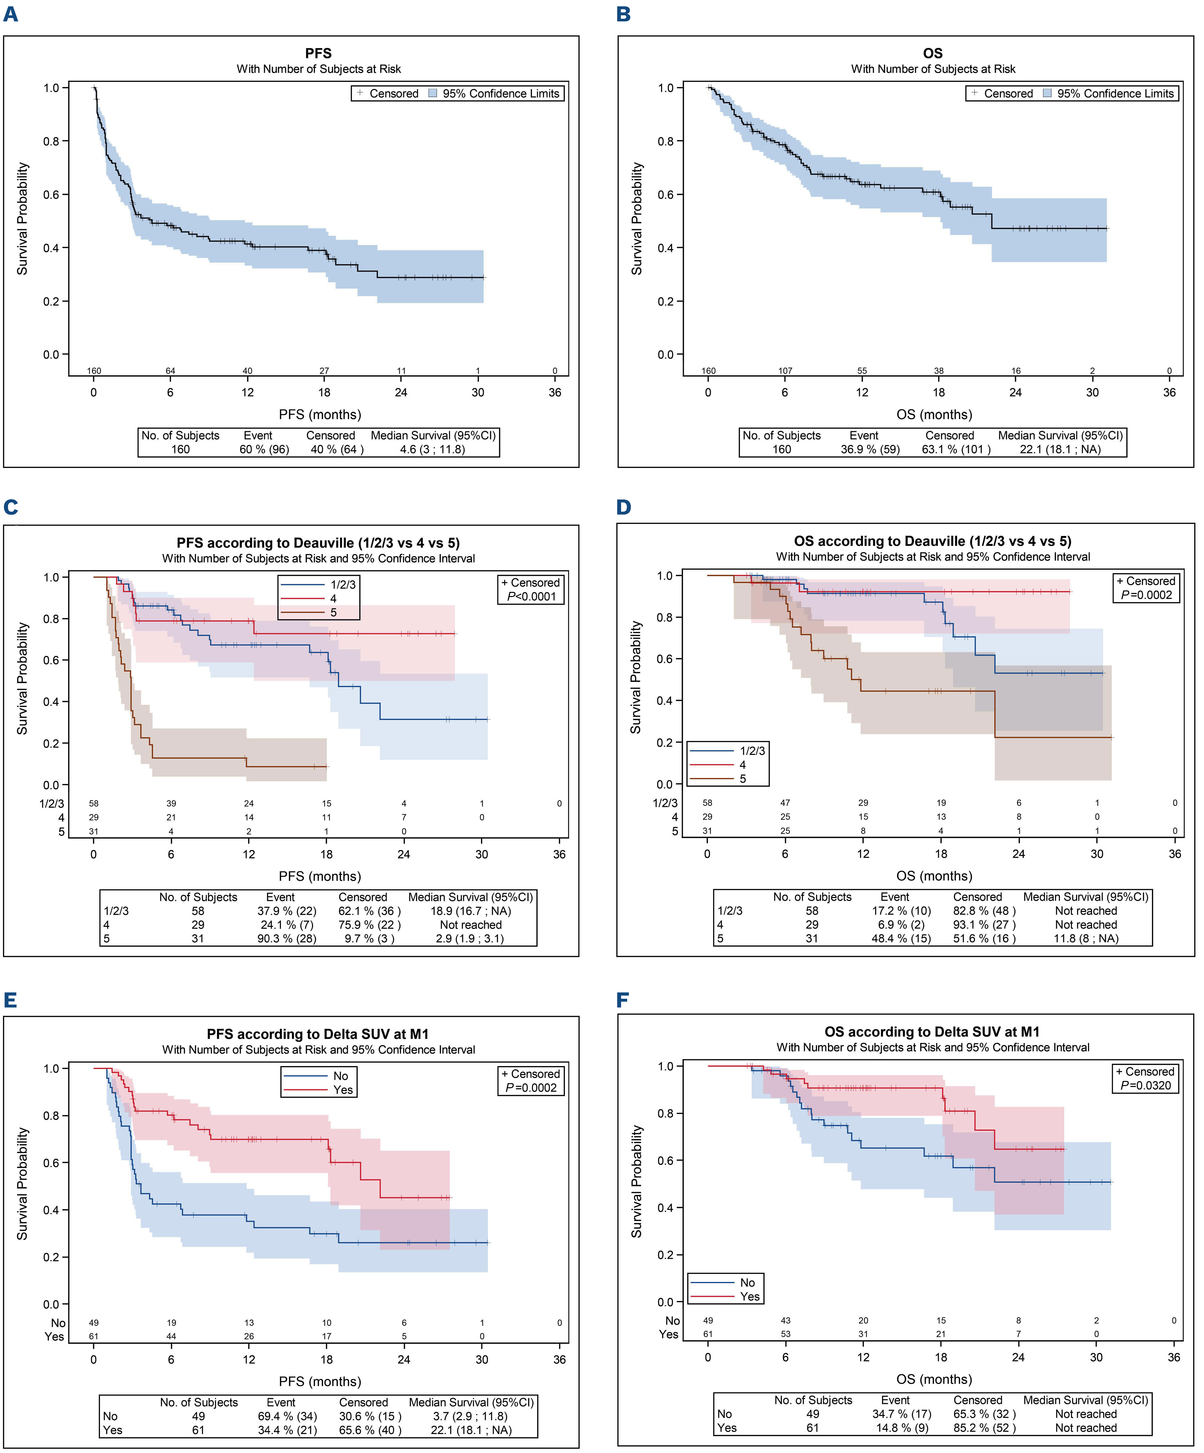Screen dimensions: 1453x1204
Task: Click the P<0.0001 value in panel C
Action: [x=531, y=597]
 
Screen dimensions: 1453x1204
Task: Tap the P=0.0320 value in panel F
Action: [x=1146, y=1085]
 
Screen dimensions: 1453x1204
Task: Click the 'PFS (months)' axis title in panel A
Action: [x=320, y=414]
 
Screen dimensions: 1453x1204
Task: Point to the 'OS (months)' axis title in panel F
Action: [x=933, y=1379]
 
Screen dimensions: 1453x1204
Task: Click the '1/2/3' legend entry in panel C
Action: [x=342, y=585]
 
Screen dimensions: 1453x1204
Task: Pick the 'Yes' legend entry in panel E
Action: [x=342, y=1090]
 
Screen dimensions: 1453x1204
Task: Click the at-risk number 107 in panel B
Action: [x=785, y=371]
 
